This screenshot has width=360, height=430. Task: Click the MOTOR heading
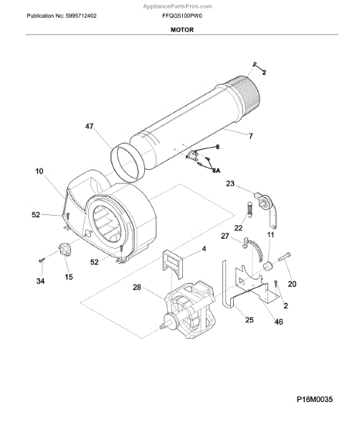pyautogui.click(x=182, y=29)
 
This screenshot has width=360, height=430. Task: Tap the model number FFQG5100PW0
pyautogui.click(x=182, y=16)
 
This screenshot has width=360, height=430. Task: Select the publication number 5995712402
pyautogui.click(x=80, y=16)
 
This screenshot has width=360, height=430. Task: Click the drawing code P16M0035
pyautogui.click(x=314, y=399)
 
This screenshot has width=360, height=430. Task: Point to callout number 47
pyautogui.click(x=89, y=126)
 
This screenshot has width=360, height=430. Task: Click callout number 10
pyautogui.click(x=39, y=171)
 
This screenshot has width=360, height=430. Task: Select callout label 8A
pyautogui.click(x=217, y=171)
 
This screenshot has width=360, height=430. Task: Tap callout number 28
pyautogui.click(x=137, y=287)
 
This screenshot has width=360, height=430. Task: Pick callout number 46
pyautogui.click(x=278, y=321)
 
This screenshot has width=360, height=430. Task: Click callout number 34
pyautogui.click(x=40, y=281)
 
